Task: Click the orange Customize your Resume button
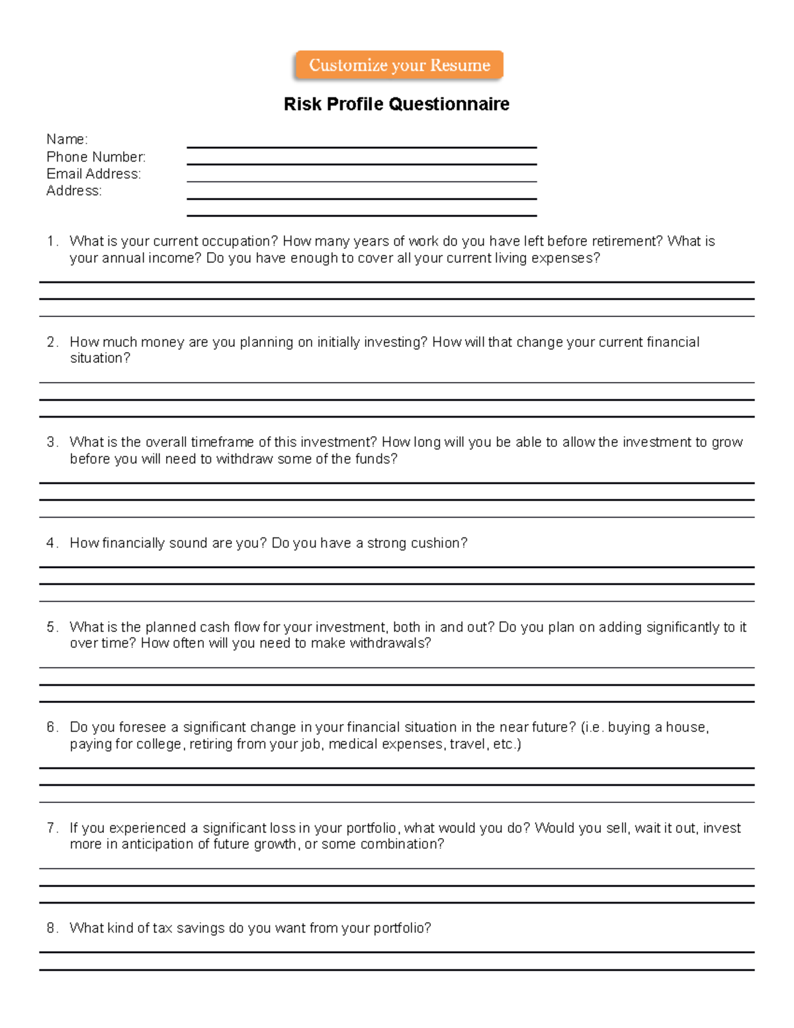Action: (x=399, y=66)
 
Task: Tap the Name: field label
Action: (x=67, y=139)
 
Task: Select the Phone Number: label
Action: (x=96, y=157)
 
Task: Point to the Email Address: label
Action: (x=93, y=174)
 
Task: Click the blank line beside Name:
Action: (x=361, y=146)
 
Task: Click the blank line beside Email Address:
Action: (x=361, y=180)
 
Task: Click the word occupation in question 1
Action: (x=236, y=242)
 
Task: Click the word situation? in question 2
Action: (x=100, y=358)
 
